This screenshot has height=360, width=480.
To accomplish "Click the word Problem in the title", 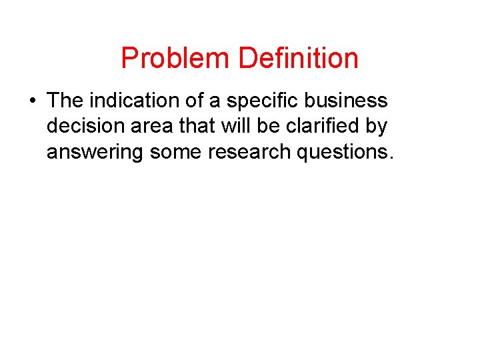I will click(x=176, y=59).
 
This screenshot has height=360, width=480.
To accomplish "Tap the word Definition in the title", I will click(x=298, y=59).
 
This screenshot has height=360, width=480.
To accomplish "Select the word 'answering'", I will click(x=95, y=153).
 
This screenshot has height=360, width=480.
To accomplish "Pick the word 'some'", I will click(x=175, y=153).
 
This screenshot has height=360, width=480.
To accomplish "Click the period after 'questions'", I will click(x=391, y=158).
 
